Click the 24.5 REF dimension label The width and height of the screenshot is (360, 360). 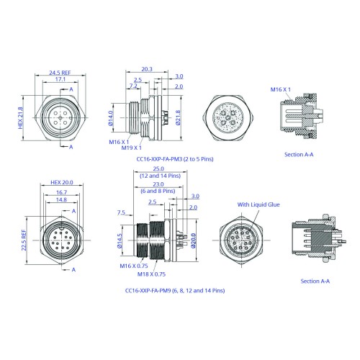pos(60,73)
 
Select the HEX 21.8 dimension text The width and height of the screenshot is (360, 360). pos(21,118)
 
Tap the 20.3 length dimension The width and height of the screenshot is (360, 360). pos(147,69)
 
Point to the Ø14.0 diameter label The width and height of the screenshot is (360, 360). pos(111,118)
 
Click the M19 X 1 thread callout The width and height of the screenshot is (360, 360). pos(132,148)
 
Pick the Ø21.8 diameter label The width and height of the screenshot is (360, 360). pos(178,117)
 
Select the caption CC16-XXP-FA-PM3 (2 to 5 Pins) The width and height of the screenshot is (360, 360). pos(175,159)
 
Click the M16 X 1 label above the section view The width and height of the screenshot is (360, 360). pos(281,89)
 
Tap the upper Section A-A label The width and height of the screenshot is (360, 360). pos(299,155)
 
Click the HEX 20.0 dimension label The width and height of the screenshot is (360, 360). pos(62,182)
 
